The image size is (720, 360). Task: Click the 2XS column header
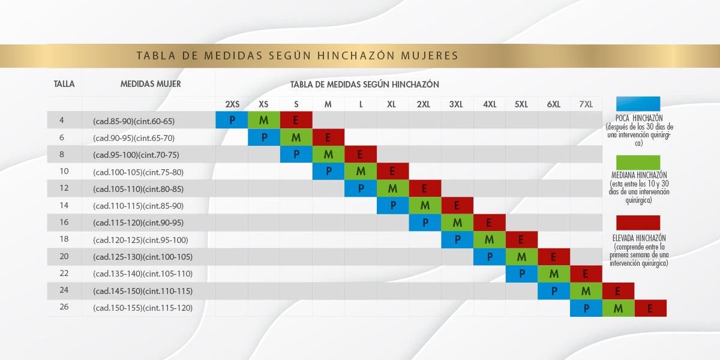(232, 104)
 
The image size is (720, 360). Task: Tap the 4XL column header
(490, 104)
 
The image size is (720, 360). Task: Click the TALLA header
(64, 84)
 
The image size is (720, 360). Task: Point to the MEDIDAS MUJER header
(151, 84)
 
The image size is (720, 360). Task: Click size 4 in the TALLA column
(62, 120)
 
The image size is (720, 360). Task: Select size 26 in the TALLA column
(64, 307)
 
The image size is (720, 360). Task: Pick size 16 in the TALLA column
(64, 223)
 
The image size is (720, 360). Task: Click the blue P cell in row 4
(232, 120)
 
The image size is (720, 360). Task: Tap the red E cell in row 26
(650, 308)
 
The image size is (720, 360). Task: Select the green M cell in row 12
(393, 188)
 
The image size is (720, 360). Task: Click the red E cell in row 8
(361, 154)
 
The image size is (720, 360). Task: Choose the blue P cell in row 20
(490, 257)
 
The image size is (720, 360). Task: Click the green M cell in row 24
(586, 291)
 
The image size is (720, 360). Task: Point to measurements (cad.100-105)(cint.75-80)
(138, 172)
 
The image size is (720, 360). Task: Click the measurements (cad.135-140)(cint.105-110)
(142, 274)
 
